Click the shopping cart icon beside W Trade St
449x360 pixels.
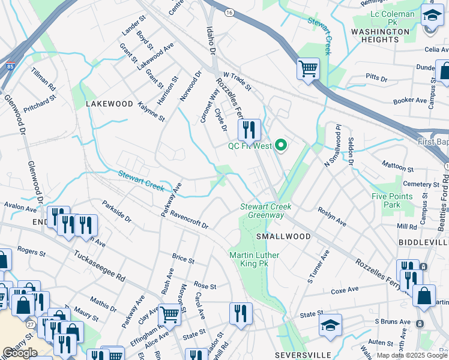tap(308, 68)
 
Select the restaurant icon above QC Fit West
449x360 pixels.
tap(248, 128)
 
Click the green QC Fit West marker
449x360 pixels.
tap(280, 145)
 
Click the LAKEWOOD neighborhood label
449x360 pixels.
tap(109, 104)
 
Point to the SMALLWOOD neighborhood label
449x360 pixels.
tap(283, 236)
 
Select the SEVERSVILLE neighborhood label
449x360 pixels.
tap(300, 355)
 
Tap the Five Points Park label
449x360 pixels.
tap(391, 200)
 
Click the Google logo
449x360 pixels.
tap(20, 352)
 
